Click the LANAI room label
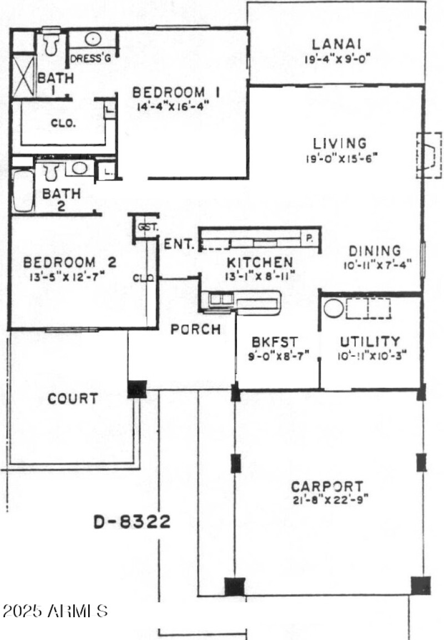pos(337,43)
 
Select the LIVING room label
pos(339,144)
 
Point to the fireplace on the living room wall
pos(428,155)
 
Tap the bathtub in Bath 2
pos(23,190)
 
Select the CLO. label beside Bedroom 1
pos(63,123)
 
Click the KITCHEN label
pos(260,262)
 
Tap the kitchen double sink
pos(221,299)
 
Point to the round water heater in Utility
pos(334,308)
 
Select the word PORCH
pos(195,329)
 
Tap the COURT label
pos(73,399)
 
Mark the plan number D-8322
pos(132,522)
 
